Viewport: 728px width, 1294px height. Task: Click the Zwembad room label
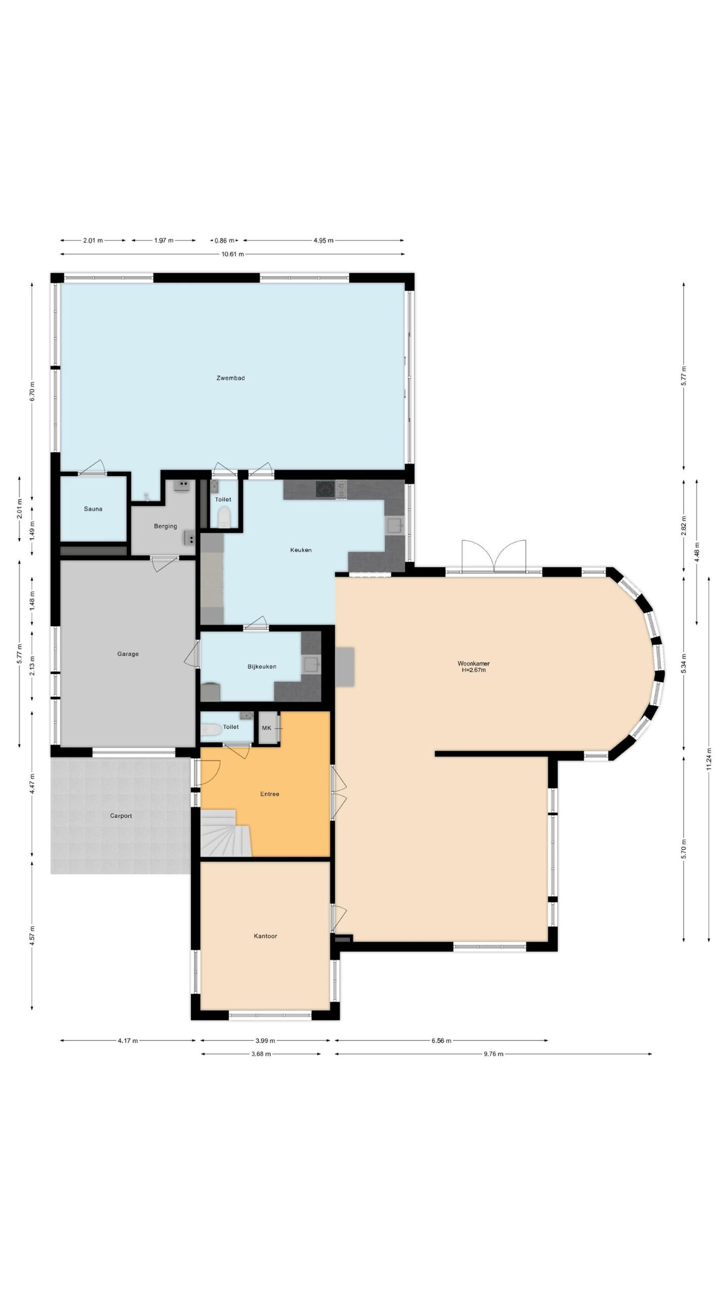(231, 378)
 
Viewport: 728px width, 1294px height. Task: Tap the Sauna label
(93, 509)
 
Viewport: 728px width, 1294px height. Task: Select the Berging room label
(165, 526)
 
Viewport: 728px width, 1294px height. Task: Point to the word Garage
(128, 654)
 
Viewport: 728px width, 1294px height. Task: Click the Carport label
(121, 816)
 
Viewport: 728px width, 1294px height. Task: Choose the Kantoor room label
(265, 936)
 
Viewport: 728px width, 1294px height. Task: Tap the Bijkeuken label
(262, 666)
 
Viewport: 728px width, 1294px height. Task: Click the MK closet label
(266, 728)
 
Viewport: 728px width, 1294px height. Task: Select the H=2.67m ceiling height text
(474, 670)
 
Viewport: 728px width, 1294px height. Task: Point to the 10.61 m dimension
(233, 254)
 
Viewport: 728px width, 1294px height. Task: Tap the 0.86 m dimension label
(224, 240)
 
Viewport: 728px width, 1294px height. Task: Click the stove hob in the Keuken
(326, 489)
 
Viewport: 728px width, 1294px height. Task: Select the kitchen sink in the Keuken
(395, 526)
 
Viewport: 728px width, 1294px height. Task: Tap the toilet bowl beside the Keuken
(223, 518)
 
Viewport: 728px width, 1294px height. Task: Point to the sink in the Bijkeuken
(311, 664)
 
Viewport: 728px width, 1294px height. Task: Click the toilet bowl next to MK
(211, 729)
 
